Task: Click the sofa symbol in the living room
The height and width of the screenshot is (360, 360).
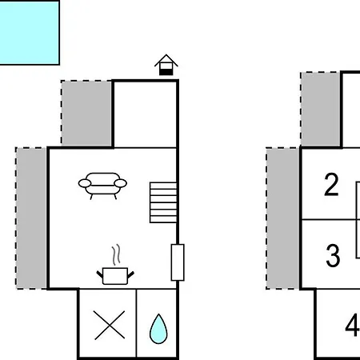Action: point(102,186)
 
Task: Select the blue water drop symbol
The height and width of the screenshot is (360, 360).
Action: point(158,329)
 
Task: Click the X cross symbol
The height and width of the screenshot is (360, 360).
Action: point(110,325)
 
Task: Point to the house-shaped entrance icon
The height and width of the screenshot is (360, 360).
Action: point(166,65)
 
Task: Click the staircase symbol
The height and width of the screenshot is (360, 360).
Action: point(163,202)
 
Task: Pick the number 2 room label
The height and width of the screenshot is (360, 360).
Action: point(331,185)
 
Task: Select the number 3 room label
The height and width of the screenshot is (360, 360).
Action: point(333,255)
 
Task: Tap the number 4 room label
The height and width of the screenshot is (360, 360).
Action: point(352,326)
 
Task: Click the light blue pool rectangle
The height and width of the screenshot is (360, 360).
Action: point(30,33)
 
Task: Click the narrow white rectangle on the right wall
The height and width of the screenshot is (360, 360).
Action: point(178,262)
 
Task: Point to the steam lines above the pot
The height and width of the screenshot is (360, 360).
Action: point(116,254)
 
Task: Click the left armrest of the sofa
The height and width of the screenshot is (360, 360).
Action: point(85,183)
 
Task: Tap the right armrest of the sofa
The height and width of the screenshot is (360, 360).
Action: point(121,183)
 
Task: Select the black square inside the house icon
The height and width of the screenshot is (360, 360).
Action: point(166,72)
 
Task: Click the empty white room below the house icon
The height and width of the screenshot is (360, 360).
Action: point(145,114)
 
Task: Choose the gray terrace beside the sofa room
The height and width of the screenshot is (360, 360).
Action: point(31,218)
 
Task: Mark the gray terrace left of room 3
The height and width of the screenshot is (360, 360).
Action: point(282,218)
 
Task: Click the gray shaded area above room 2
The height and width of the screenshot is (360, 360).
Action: point(321,109)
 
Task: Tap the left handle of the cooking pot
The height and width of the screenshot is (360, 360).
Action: point(99,274)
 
